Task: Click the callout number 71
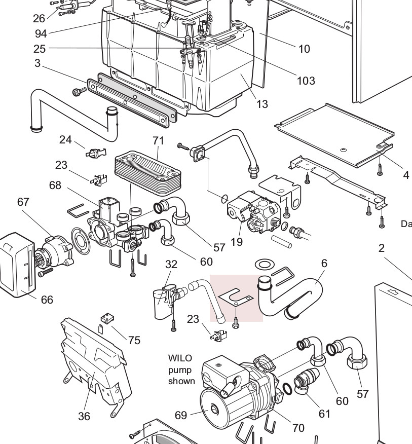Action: (x=158, y=141)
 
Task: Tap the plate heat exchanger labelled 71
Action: (x=147, y=172)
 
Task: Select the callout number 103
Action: (x=306, y=81)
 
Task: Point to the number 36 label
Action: (x=84, y=416)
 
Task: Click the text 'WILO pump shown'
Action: (x=181, y=369)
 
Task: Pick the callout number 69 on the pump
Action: (x=181, y=415)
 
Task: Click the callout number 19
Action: (x=237, y=242)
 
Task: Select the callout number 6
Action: (x=324, y=264)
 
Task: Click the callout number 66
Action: (x=47, y=300)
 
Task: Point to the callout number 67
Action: (x=23, y=202)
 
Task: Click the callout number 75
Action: (x=134, y=340)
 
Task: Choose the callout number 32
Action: (x=171, y=264)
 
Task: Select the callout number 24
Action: (x=65, y=139)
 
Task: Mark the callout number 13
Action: (x=262, y=104)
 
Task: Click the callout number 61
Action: (x=324, y=414)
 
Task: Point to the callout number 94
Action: (x=41, y=33)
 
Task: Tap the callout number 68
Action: (x=55, y=185)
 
